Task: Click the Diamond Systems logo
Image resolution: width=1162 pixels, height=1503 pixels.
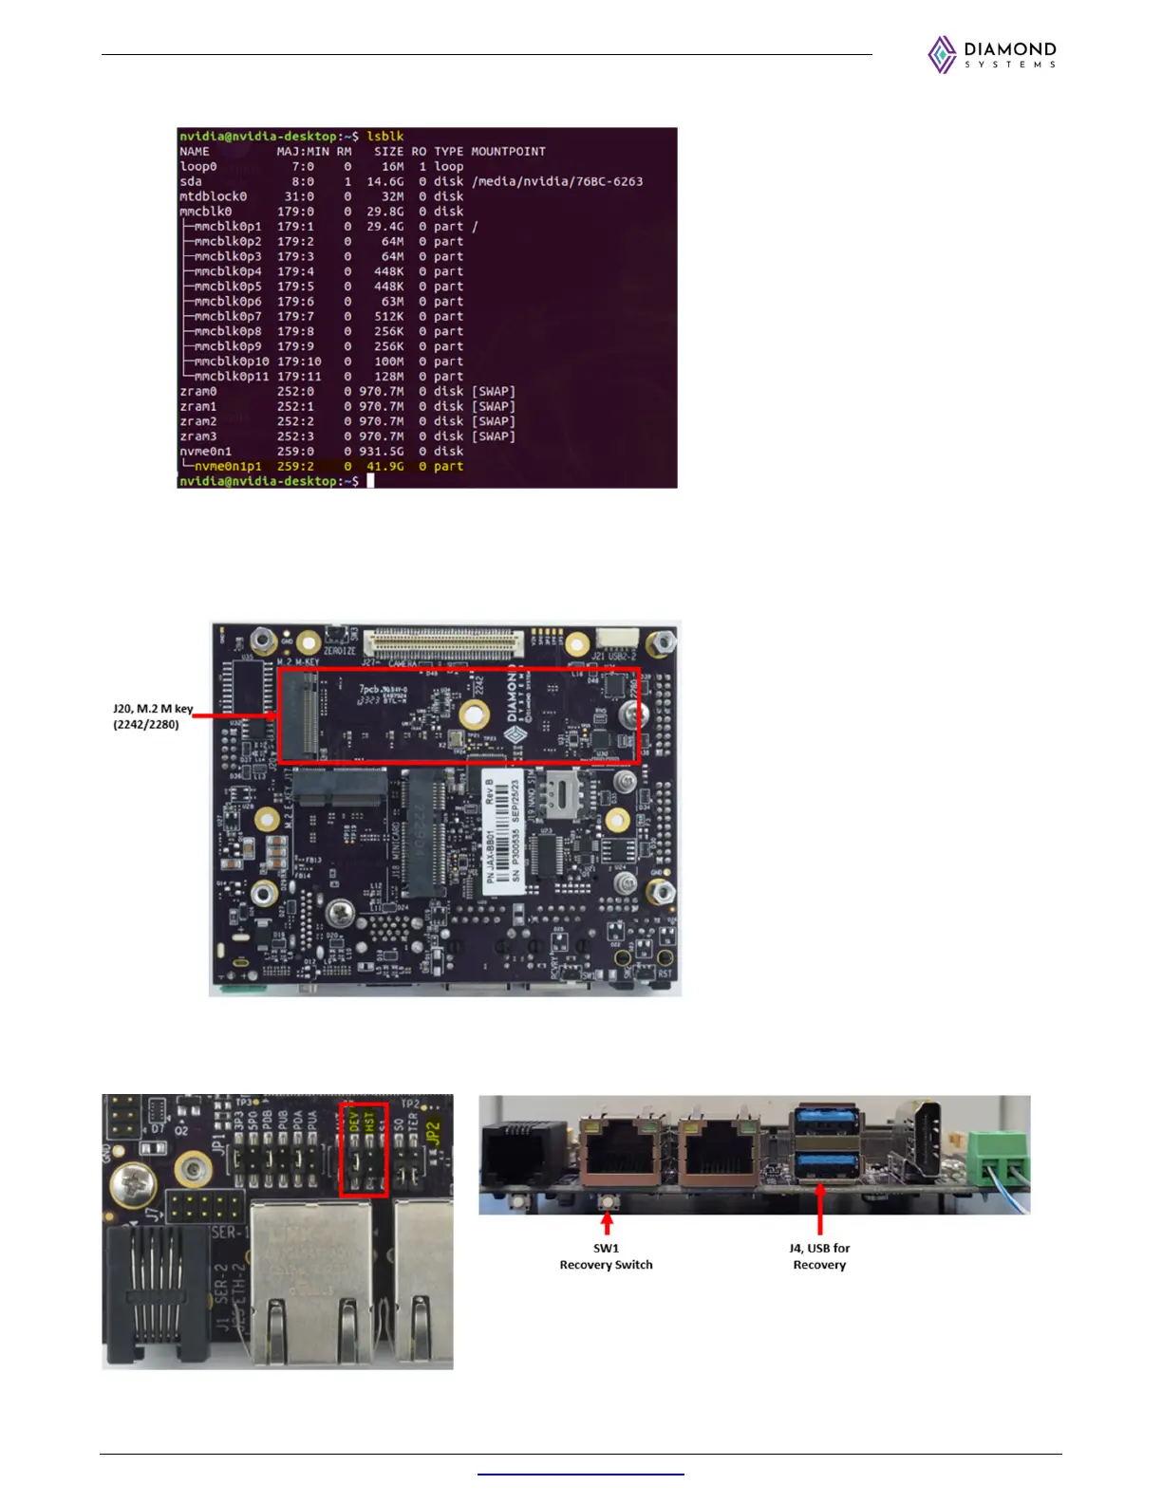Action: (992, 55)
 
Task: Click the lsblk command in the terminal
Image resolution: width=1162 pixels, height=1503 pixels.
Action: (385, 137)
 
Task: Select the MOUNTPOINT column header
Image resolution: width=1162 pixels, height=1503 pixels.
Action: (508, 152)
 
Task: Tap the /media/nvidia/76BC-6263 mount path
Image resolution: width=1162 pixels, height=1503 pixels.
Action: (557, 181)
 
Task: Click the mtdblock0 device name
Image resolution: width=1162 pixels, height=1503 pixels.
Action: (213, 196)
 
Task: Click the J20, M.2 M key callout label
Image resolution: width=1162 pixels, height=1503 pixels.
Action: (152, 716)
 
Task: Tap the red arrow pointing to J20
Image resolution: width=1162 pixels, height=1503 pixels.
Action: (237, 716)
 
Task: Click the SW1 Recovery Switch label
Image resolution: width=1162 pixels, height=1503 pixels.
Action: (606, 1256)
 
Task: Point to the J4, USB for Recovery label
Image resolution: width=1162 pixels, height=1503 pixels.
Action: (819, 1256)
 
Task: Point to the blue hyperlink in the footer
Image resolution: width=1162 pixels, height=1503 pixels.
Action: (580, 1475)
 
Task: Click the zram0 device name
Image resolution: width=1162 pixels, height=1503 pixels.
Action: (198, 392)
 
